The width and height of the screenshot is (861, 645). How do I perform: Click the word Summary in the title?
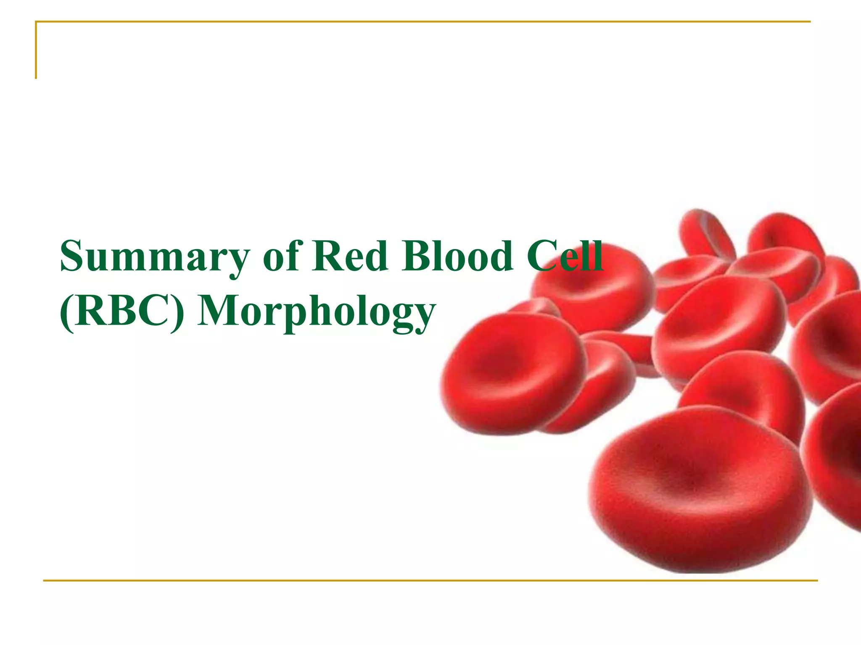(x=155, y=257)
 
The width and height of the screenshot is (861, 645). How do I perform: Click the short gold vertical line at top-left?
(x=36, y=50)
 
